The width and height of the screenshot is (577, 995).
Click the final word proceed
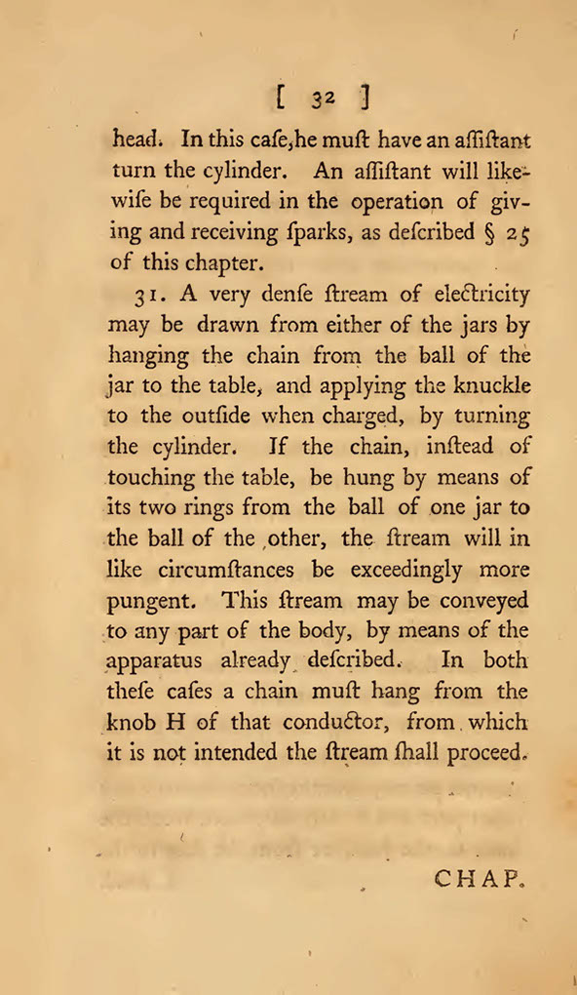coord(487,754)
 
